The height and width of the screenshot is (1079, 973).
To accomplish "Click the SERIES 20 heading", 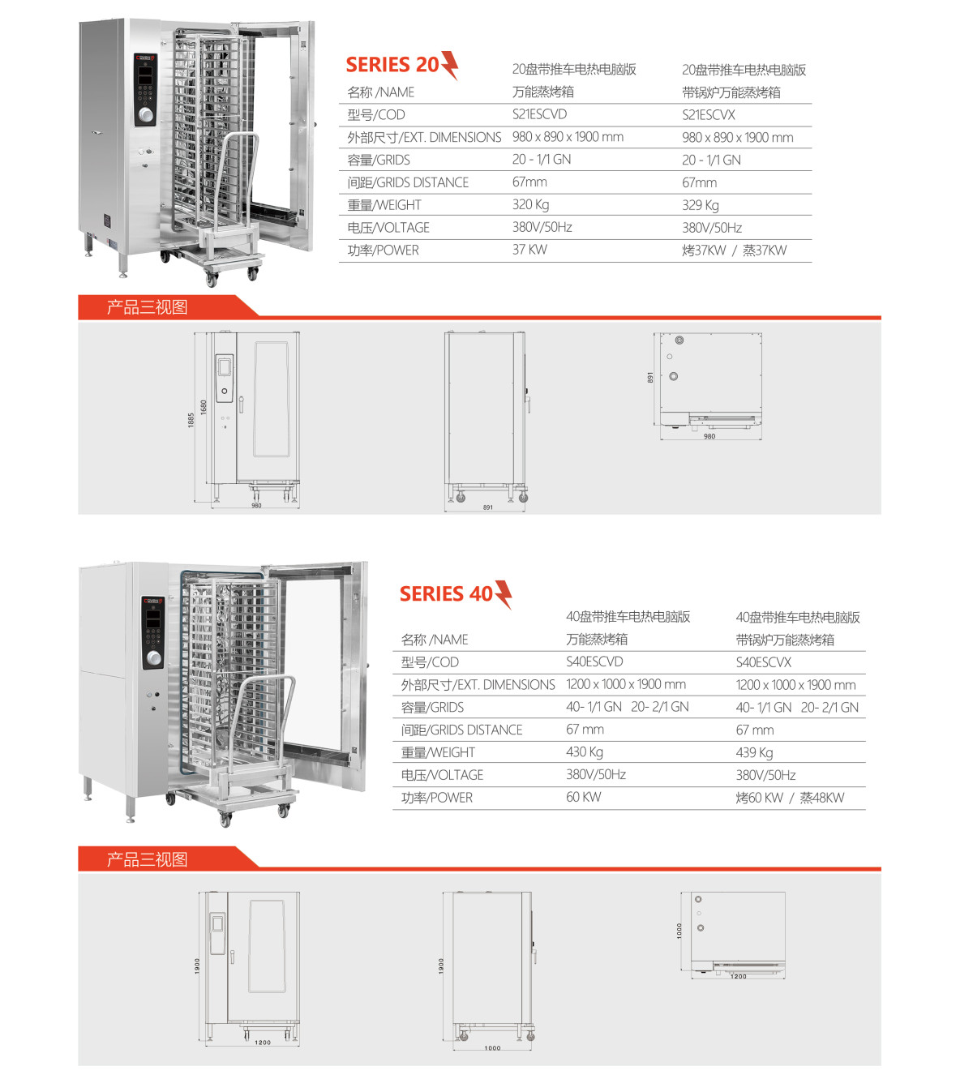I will coord(392,65).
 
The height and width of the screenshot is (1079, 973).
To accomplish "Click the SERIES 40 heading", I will coord(446,594).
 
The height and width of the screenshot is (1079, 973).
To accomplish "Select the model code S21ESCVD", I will coord(539,114).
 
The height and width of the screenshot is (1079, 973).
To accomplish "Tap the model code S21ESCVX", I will coord(708,115).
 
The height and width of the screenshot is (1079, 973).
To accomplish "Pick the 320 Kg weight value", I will coord(530,205).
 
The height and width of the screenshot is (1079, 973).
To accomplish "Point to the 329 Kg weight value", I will coord(700,205).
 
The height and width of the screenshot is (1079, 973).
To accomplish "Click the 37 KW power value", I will coord(529,250).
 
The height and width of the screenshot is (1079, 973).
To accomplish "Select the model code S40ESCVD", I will coord(594,662).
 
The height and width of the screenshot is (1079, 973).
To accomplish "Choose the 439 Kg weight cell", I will coord(754,752).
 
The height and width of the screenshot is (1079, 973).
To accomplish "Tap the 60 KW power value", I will coord(583,797).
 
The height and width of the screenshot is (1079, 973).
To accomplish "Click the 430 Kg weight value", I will coord(584,752).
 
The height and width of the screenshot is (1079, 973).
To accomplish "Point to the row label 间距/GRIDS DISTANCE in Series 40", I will coord(461,730).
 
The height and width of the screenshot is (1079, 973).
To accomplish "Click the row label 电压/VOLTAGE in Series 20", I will coord(388,228).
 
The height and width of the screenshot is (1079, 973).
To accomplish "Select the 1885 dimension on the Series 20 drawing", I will coord(191,420).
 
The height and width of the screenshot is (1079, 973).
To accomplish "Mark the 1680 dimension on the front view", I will coord(204,406).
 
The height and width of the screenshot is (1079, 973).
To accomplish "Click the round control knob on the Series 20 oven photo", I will coord(146,115).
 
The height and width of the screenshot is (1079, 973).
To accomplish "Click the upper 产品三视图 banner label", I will coord(147,307).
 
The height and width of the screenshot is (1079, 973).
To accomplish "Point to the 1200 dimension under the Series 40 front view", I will coord(263,1043).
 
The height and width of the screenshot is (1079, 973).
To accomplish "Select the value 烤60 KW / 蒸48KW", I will coord(789,798).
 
